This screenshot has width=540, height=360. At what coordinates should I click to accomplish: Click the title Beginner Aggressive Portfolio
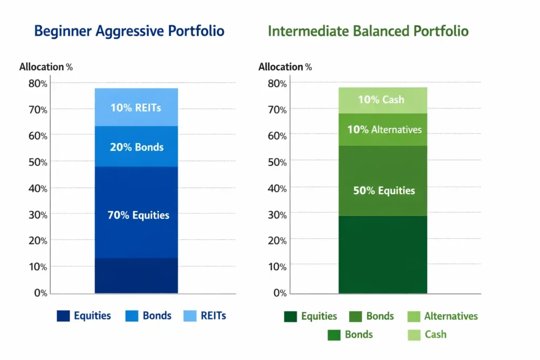pyautogui.click(x=129, y=31)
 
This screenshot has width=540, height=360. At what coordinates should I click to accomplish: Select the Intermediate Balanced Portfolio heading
pyautogui.click(x=368, y=31)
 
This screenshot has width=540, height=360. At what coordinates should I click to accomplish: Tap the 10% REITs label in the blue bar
pyautogui.click(x=136, y=108)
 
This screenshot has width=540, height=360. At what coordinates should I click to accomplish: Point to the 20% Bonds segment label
pyautogui.click(x=137, y=147)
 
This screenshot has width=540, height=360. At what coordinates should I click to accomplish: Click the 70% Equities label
pyautogui.click(x=138, y=215)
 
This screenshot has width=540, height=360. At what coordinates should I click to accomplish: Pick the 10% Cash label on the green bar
pyautogui.click(x=381, y=100)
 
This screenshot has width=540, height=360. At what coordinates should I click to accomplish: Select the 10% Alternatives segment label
pyautogui.click(x=384, y=129)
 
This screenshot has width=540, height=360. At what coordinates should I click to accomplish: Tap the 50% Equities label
pyautogui.click(x=384, y=191)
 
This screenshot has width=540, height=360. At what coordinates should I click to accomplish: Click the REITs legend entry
pyautogui.click(x=205, y=316)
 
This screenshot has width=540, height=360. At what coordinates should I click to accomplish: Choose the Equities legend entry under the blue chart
pyautogui.click(x=84, y=316)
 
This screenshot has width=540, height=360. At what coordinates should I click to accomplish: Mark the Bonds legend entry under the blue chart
pyautogui.click(x=149, y=316)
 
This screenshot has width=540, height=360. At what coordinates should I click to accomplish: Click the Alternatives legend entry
pyautogui.click(x=443, y=316)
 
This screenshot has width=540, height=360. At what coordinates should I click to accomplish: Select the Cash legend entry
pyautogui.click(x=427, y=334)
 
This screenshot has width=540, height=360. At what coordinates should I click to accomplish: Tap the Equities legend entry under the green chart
pyautogui.click(x=311, y=316)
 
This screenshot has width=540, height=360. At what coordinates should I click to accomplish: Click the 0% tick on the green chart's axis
pyautogui.click(x=277, y=293)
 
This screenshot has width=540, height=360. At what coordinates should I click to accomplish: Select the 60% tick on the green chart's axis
pyautogui.click(x=277, y=135)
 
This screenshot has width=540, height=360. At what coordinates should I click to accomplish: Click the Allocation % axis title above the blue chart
pyautogui.click(x=46, y=67)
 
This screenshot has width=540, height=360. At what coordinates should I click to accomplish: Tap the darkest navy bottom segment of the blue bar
pyautogui.click(x=136, y=276)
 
